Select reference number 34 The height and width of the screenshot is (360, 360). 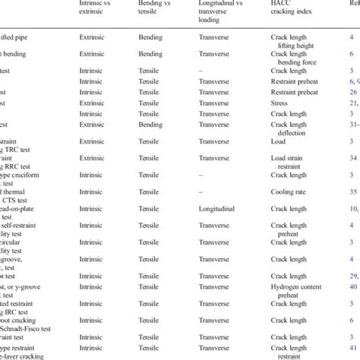354,158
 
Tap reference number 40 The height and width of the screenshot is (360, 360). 354,286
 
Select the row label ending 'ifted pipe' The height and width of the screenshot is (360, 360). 23,36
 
